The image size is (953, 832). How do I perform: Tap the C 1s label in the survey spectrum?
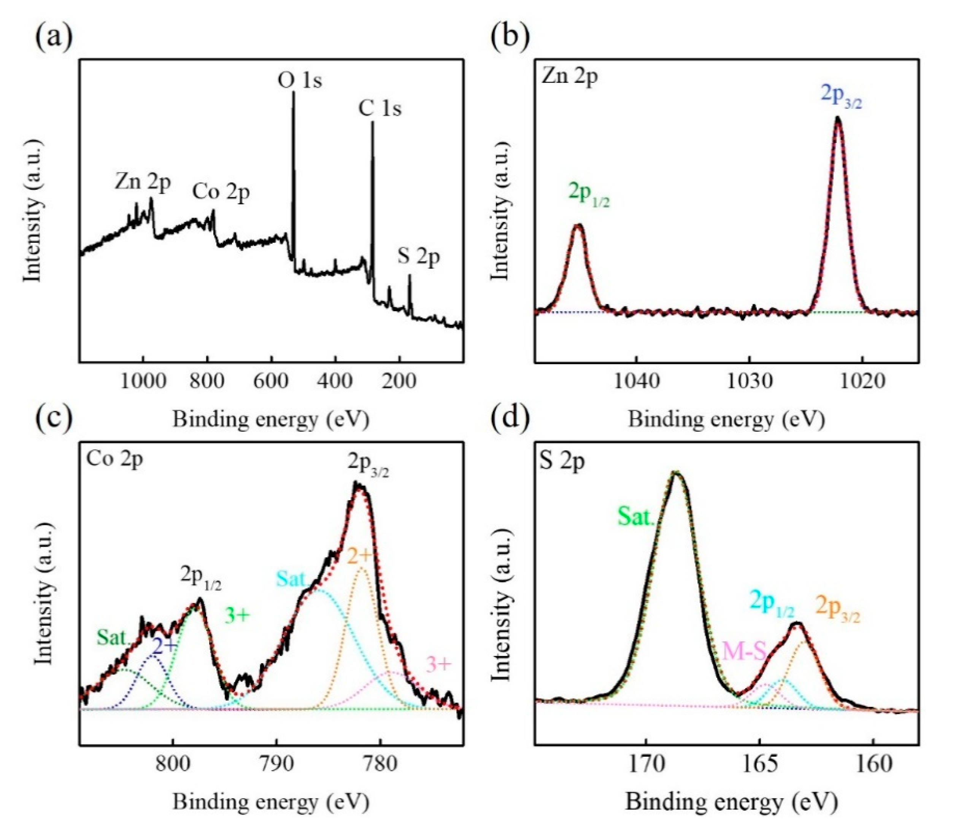[380, 109]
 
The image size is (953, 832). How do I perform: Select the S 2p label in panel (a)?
[418, 257]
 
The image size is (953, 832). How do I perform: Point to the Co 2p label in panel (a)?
[221, 192]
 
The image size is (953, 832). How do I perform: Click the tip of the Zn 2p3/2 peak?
[838, 118]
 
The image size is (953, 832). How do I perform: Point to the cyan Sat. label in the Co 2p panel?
[292, 579]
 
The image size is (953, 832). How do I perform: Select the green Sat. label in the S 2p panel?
[635, 517]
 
